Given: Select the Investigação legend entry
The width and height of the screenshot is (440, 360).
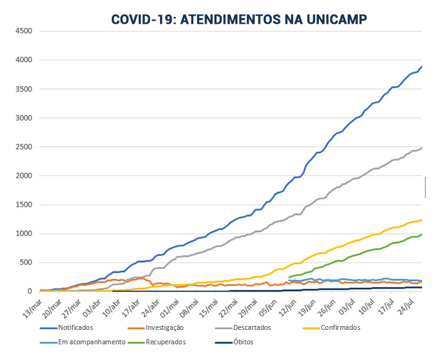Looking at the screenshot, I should tap(160, 327).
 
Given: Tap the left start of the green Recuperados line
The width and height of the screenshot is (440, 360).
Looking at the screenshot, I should tap(289, 277).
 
